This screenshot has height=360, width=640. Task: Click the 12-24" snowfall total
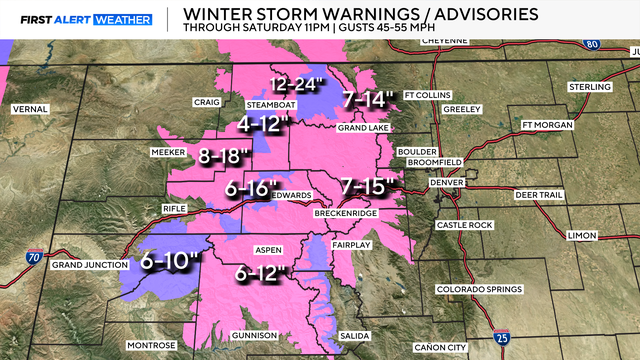299,85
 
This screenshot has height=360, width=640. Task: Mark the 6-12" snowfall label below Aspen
263,271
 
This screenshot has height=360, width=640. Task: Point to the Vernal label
30,108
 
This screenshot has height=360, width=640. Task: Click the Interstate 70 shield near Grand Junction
35,258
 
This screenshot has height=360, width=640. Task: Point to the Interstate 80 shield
592,44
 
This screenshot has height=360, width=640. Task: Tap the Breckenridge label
341,215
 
